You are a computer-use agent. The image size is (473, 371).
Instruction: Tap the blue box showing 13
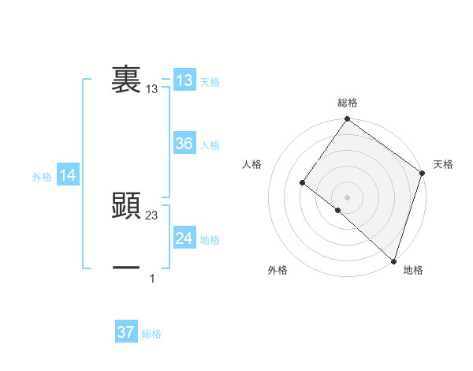(x=184, y=80)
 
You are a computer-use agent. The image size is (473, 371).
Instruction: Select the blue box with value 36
(x=184, y=143)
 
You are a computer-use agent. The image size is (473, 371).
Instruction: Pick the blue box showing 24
(x=184, y=238)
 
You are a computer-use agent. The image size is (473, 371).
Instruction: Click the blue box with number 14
(x=68, y=175)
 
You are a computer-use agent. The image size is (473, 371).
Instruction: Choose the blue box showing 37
(x=125, y=332)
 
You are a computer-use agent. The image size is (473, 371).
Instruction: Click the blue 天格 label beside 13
(x=210, y=81)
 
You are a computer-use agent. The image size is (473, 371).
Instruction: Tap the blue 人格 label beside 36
(x=210, y=144)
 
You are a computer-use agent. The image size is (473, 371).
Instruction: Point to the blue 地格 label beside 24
(x=210, y=239)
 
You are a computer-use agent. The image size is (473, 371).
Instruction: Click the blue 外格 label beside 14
(x=42, y=177)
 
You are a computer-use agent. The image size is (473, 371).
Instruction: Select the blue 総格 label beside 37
(x=151, y=334)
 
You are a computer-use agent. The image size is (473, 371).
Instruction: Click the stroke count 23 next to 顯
(x=152, y=215)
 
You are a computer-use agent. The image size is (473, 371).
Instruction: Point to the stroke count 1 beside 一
(x=152, y=279)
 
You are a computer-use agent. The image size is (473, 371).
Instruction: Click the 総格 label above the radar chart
(x=347, y=103)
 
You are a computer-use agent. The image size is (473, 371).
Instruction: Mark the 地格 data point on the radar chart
(x=393, y=260)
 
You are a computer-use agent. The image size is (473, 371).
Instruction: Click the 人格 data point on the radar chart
(x=302, y=183)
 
